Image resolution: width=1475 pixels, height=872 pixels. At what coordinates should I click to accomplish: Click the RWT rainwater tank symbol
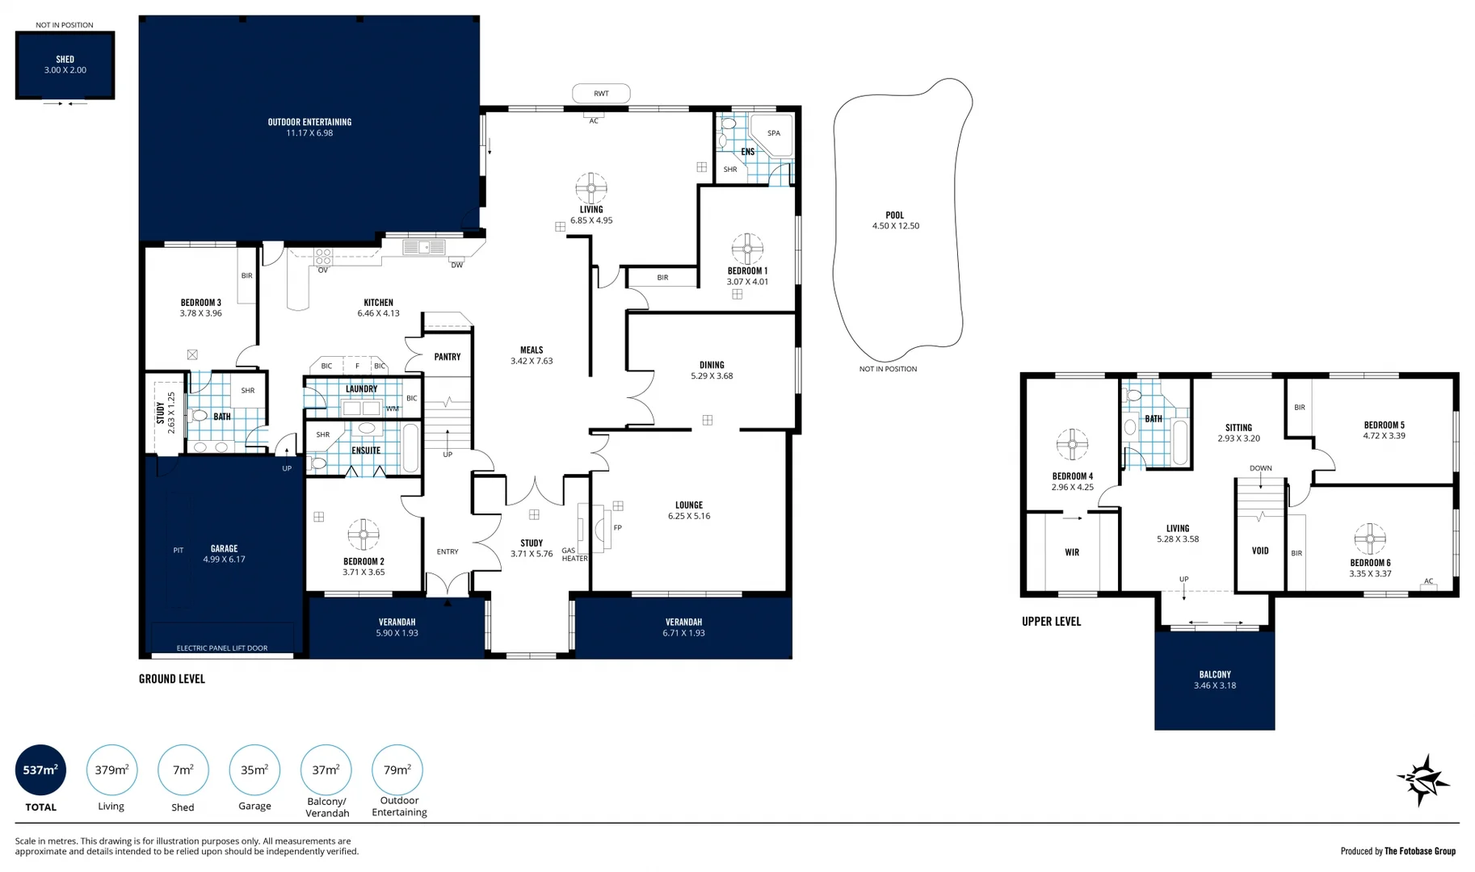[x=601, y=94]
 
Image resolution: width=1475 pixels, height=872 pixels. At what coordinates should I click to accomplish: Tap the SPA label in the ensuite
[x=774, y=133]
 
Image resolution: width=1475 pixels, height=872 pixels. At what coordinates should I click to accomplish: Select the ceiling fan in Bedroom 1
[x=747, y=249]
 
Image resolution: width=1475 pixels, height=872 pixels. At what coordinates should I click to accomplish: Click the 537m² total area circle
[x=40, y=769]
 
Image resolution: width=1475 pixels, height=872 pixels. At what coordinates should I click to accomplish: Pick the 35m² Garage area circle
[x=254, y=769]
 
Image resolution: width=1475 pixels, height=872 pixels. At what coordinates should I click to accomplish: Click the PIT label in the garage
[x=179, y=551]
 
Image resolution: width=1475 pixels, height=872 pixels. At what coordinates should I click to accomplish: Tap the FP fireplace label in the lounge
[x=618, y=528]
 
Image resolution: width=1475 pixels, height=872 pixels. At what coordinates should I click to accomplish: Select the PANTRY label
[x=447, y=357]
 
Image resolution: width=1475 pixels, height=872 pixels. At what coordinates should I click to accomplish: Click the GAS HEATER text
[x=574, y=555]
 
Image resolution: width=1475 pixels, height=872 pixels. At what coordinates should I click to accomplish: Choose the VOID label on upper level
[x=1260, y=551]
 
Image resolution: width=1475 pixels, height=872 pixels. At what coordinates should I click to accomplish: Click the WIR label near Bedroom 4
[x=1072, y=552]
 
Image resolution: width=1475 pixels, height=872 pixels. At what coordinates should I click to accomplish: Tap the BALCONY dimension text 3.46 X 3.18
[x=1215, y=685]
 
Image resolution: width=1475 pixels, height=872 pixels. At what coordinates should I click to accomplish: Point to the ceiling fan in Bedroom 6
[x=1370, y=539]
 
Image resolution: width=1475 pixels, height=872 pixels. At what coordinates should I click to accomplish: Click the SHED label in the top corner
[x=65, y=59]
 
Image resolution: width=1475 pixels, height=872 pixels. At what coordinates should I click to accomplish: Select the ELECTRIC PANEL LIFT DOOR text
[x=222, y=648]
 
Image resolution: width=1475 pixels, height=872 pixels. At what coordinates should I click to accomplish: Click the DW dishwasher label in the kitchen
[x=456, y=265]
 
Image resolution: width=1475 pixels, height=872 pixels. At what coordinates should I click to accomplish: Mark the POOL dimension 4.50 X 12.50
[x=895, y=226]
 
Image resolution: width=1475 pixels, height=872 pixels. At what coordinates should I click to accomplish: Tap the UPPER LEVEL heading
[x=1051, y=621]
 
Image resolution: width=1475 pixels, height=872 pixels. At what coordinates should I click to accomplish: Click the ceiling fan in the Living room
[x=591, y=188]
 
